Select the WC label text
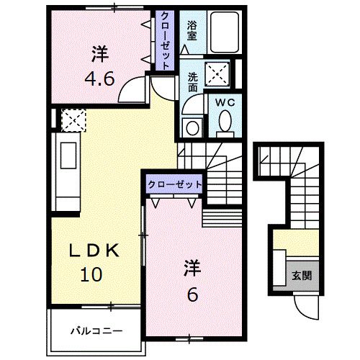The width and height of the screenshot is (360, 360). click(x=224, y=102)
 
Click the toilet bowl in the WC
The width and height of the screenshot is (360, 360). click(x=224, y=122)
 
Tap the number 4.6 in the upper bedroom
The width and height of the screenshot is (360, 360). click(x=101, y=77)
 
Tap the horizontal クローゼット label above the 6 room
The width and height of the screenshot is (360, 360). click(x=174, y=184)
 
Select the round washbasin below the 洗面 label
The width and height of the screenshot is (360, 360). click(x=192, y=127)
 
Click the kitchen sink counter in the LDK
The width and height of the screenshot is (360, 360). click(x=69, y=167)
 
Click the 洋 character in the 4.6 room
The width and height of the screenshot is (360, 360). click(x=101, y=53)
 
